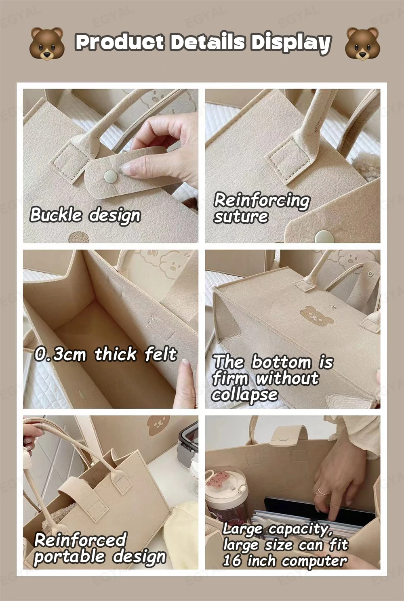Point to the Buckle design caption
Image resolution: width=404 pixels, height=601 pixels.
point(85,215)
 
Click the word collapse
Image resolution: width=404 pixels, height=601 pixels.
point(244,395)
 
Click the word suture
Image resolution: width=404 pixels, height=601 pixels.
point(240,217)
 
